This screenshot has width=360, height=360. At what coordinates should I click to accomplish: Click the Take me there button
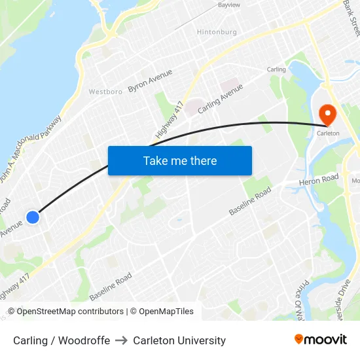180,160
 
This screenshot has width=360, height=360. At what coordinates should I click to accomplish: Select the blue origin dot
33,217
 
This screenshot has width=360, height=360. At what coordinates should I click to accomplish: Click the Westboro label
105,92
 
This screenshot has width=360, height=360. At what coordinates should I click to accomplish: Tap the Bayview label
228,5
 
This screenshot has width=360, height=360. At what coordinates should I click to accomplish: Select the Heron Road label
319,178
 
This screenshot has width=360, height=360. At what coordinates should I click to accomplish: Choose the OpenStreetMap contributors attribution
70,312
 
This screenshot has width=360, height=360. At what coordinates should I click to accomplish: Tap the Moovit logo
321,339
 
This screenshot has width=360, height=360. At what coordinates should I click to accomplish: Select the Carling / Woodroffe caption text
62,340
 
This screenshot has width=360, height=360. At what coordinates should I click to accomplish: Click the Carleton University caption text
179,340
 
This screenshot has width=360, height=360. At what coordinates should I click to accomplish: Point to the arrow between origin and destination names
122,340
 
